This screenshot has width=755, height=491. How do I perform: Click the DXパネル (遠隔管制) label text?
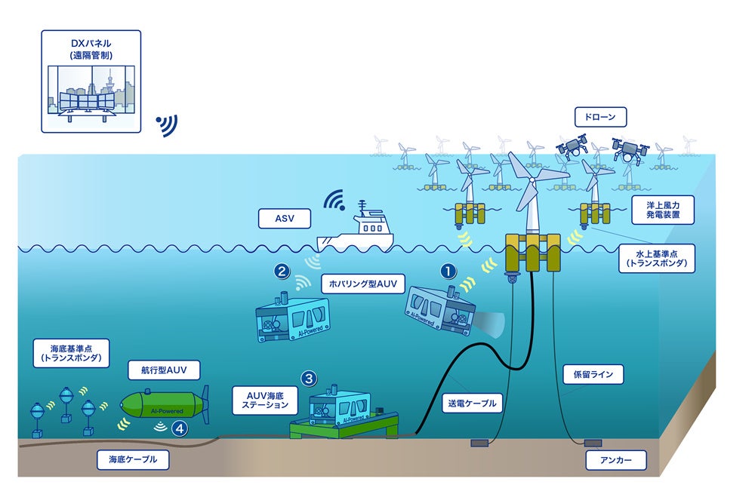(x=91, y=49)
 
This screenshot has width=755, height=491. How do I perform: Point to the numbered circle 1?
(x=448, y=269)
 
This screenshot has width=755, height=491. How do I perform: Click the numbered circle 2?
(x=282, y=269)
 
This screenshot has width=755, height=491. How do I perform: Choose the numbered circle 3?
(x=308, y=376)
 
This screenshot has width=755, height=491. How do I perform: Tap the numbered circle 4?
(x=179, y=428)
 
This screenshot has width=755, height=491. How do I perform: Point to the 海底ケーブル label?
(x=132, y=459)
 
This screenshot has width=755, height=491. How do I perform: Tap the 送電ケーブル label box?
(x=470, y=403)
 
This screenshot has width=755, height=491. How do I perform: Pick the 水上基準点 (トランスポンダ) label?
(x=655, y=258)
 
